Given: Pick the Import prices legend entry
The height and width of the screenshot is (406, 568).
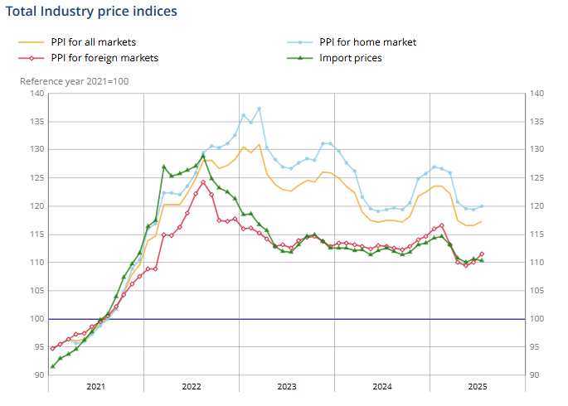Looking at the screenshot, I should pyautogui.click(x=351, y=58).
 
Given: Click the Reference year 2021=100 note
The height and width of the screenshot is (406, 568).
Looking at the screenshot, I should pyautogui.click(x=75, y=81).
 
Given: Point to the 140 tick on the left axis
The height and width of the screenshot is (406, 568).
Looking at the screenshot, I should pyautogui.click(x=37, y=94).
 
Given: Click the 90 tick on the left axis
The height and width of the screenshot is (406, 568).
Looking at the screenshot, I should pyautogui.click(x=40, y=375).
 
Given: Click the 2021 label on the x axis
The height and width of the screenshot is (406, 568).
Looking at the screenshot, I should pyautogui.click(x=96, y=386).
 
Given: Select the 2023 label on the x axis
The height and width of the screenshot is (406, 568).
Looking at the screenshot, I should pyautogui.click(x=287, y=386).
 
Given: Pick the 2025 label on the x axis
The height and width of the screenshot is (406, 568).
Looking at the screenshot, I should pyautogui.click(x=478, y=386).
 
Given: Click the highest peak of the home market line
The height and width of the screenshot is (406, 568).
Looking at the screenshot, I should pyautogui.click(x=259, y=108).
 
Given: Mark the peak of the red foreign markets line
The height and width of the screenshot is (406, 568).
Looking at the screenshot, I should pyautogui.click(x=203, y=182).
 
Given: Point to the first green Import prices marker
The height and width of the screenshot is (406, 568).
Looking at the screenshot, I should pyautogui.click(x=52, y=366).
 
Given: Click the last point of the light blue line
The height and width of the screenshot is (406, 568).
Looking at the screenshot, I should pyautogui.click(x=482, y=205).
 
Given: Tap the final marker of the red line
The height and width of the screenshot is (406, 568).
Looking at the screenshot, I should pyautogui.click(x=482, y=254).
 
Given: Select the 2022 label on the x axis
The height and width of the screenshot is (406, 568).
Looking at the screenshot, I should pyautogui.click(x=192, y=386).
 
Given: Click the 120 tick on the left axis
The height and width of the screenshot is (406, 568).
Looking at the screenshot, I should pyautogui.click(x=37, y=206).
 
